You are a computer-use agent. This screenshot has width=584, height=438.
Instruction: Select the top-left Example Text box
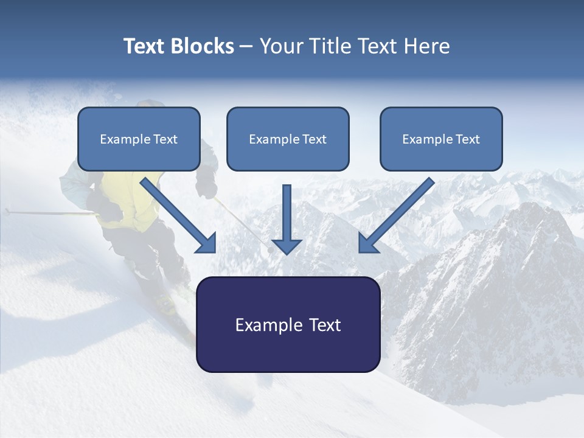[x=139, y=139]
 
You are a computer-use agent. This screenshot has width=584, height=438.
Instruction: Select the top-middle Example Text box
[x=288, y=139]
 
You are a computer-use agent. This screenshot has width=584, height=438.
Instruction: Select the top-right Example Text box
[x=441, y=139]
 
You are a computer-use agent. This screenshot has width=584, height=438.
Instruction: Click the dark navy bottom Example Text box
[x=288, y=325]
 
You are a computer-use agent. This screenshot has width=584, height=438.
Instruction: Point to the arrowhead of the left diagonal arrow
[x=207, y=243]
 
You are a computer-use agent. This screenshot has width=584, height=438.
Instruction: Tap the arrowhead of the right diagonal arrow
[x=367, y=243]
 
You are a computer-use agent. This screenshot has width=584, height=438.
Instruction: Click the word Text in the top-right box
[x=467, y=139]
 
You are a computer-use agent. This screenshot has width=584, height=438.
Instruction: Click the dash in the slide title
[x=246, y=46]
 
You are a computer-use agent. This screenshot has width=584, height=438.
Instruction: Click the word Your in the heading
[x=280, y=46]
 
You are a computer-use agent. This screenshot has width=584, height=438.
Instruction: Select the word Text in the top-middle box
[x=314, y=139]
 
